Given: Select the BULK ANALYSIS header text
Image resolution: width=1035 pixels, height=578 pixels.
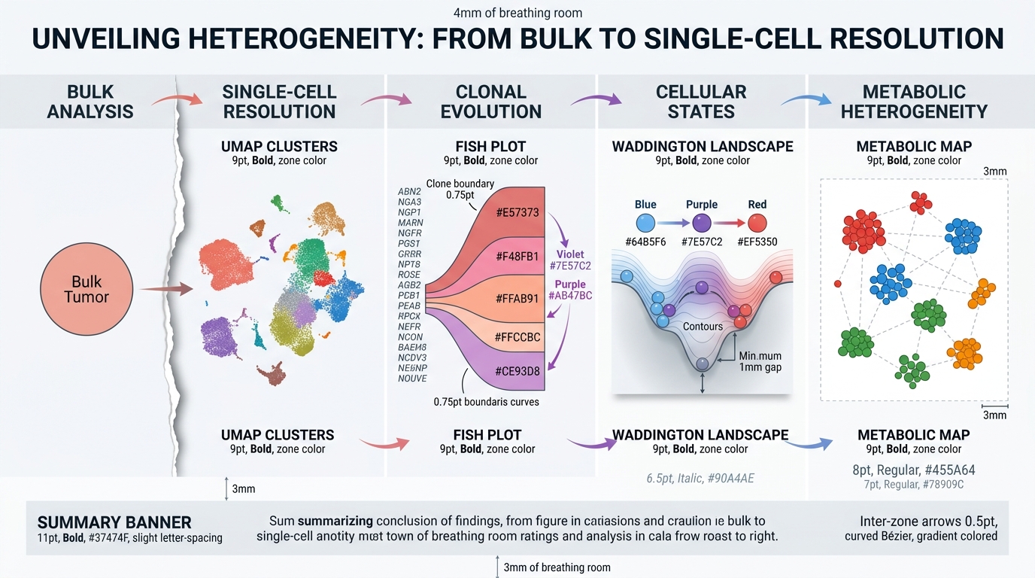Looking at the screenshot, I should point(90,102).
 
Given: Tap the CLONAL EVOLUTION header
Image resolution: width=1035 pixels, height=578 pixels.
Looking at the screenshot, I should point(490,102).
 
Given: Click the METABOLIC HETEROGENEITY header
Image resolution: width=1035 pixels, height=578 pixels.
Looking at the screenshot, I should point(914,102).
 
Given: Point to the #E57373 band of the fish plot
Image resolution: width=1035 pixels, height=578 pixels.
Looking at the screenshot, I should point(517,213).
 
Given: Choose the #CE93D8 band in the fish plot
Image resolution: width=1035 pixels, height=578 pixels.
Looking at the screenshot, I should point(517,371).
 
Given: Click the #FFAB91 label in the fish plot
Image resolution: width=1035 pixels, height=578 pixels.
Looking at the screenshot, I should point(517,298).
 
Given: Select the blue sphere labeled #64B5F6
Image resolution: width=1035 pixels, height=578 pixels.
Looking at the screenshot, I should point(645,223).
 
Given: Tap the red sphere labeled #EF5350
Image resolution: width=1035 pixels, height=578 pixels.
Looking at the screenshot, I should point(757,223).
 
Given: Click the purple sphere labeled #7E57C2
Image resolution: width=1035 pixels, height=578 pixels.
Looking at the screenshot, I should point(701,223).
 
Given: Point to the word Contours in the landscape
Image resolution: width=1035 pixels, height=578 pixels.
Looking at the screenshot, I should point(703,327).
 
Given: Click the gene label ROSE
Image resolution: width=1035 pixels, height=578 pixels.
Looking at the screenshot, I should point(409,275).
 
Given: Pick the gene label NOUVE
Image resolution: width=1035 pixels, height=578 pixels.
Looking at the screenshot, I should point(412,379).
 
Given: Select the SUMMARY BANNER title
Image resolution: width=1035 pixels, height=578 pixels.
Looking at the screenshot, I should point(114,522).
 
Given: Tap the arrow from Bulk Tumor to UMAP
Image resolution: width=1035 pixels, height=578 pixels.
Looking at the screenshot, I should point(165,288).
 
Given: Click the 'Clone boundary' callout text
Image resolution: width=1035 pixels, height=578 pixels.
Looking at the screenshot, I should point(460,184).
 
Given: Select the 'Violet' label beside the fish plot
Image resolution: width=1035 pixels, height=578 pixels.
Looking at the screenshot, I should point(570,254).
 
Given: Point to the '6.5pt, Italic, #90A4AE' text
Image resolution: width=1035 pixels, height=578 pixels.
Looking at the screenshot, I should point(700,478).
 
